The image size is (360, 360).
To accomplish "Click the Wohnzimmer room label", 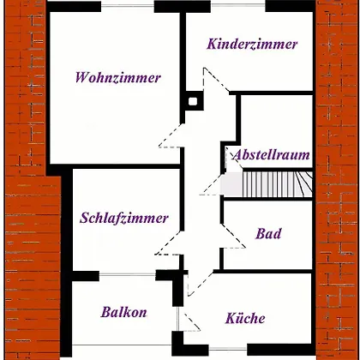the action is coord(118,78).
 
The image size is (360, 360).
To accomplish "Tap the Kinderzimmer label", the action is coord(252,45).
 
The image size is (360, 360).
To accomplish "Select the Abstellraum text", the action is coord(272,155).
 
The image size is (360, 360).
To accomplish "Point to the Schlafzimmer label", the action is coord(124,219).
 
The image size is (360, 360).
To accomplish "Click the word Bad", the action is coord(268,233).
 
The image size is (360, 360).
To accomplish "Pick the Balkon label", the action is coord(124,312).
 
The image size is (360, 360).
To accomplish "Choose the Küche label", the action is coord(245,318).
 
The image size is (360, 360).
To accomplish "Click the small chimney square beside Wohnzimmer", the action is coord(193,101).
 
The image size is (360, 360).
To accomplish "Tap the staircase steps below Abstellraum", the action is coord(268,184).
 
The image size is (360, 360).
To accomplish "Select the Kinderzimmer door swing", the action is coord(216,80).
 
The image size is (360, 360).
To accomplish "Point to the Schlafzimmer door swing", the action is coord(168,243).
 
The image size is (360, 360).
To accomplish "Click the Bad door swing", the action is coord(233,236).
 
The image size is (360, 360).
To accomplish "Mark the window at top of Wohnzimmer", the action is coord(128,5).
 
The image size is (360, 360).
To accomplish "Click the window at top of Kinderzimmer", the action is coord(238,5).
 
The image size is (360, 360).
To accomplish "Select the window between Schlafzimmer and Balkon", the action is coord(128,274).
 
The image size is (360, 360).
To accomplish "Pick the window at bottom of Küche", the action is coord(228,349).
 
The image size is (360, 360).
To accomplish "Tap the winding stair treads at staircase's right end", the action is coord(303,184).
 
